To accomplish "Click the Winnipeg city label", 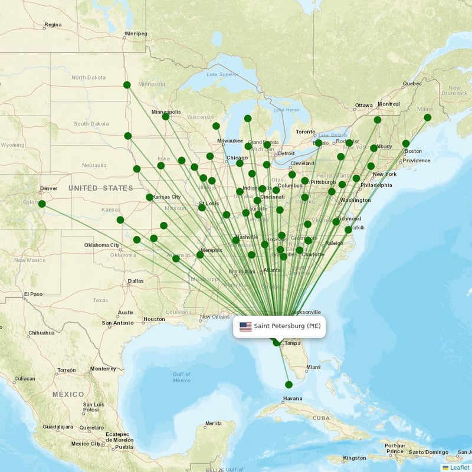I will click(x=136, y=34).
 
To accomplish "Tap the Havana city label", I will click(x=293, y=398).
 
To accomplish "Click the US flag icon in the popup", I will click(x=245, y=326).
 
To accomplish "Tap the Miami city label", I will click(x=313, y=368).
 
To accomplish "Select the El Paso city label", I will click(x=33, y=294).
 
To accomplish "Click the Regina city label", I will click(x=53, y=25).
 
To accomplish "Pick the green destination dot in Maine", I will click(x=427, y=117).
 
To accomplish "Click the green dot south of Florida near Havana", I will click(x=289, y=385).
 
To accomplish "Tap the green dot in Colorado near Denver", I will click(x=42, y=204).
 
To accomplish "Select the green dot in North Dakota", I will click(x=127, y=84).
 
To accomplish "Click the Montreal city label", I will click(x=388, y=104).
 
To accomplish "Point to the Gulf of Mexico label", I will click(x=182, y=378).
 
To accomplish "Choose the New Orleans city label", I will click(x=214, y=317).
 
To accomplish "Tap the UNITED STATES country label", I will click(x=101, y=188).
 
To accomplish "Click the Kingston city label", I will click(x=354, y=458).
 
